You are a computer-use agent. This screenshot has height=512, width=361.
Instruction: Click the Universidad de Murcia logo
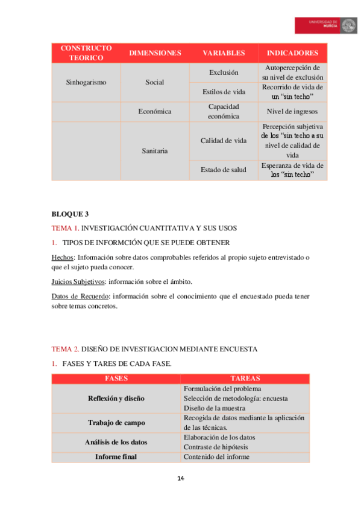pyautogui.click(x=325, y=25)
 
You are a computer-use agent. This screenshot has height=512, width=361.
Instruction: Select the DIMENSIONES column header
pyautogui.click(x=155, y=53)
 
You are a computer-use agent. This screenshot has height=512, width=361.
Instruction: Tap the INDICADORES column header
pyautogui.click(x=292, y=53)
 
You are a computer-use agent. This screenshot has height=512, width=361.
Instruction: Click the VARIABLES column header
pyautogui.click(x=224, y=53)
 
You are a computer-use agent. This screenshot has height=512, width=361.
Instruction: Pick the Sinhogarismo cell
pyautogui.click(x=86, y=82)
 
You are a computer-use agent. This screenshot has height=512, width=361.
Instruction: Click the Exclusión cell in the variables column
pyautogui.click(x=224, y=72)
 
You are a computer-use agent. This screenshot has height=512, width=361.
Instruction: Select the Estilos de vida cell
pyautogui.click(x=224, y=92)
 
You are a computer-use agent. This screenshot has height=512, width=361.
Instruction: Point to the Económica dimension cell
pyautogui.click(x=155, y=111)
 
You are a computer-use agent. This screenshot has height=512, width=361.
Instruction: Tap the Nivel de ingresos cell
pyautogui.click(x=292, y=111)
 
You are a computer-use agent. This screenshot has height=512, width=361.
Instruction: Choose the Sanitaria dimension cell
pyautogui.click(x=155, y=150)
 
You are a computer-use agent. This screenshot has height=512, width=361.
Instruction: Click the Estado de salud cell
pyautogui.click(x=224, y=170)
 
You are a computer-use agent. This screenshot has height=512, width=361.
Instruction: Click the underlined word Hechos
pyautogui.click(x=61, y=257)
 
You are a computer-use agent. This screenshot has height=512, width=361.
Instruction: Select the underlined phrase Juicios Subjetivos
pyautogui.click(x=78, y=281)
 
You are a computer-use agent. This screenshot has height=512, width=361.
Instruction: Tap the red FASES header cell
pyautogui.click(x=116, y=379)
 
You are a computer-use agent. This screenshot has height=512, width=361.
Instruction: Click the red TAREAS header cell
pyautogui.click(x=245, y=379)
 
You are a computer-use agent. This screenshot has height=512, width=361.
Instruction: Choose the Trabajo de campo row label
pyautogui.click(x=116, y=423)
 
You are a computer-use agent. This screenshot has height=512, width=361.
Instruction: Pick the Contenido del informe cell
pyautogui.click(x=216, y=457)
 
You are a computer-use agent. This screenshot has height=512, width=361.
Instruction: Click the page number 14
pyautogui.click(x=180, y=479)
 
